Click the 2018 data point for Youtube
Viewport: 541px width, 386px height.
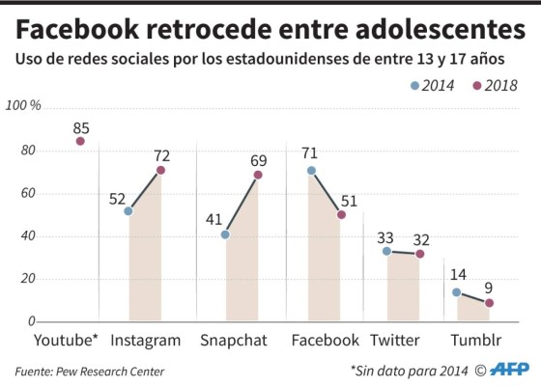[x=80, y=141]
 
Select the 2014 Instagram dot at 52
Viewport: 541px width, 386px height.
[x=128, y=210]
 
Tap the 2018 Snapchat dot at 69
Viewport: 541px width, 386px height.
[x=258, y=175]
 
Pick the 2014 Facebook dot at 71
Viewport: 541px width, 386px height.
[x=311, y=171]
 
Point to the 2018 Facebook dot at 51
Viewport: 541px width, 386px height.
[x=341, y=214]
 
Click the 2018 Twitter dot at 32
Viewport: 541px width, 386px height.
[x=419, y=254]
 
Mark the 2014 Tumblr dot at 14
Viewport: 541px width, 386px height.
[x=457, y=292]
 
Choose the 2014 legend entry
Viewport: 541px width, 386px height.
[x=431, y=84]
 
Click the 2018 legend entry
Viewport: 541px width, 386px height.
[x=495, y=84]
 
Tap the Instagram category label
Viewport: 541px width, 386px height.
[x=146, y=340]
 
